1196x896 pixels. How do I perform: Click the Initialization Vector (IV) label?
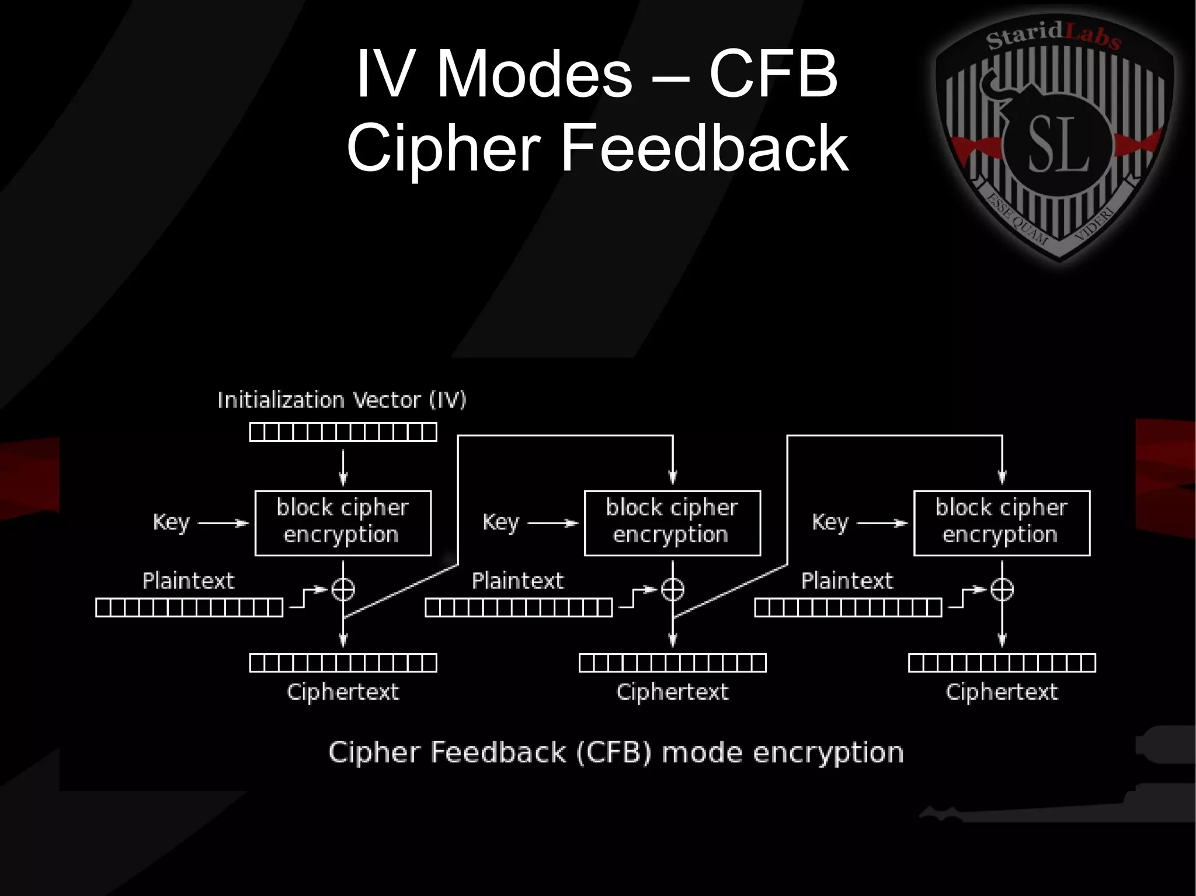[342, 400]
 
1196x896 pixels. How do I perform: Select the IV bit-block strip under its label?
[343, 432]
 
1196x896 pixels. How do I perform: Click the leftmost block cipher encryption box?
[343, 523]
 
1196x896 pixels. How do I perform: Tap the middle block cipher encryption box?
[672, 523]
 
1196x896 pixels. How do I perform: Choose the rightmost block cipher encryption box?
[1002, 523]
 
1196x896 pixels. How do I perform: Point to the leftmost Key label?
[171, 522]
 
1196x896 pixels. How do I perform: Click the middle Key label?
[500, 522]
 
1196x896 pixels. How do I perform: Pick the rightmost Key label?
[830, 522]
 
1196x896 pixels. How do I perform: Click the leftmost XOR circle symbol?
[343, 589]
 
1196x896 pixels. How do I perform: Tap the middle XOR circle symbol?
[672, 589]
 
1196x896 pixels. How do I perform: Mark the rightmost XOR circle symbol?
[1002, 589]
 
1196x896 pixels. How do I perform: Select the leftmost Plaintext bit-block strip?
[189, 608]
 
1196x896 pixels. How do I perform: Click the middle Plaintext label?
[517, 581]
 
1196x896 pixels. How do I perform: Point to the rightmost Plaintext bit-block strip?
[848, 608]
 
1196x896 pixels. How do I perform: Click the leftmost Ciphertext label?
[343, 692]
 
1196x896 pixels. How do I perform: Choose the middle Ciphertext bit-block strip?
[672, 663]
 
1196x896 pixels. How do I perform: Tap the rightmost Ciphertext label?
[1002, 692]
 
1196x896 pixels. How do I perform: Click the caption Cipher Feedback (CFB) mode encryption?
[616, 752]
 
